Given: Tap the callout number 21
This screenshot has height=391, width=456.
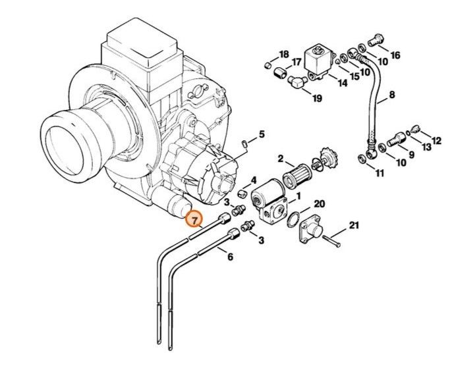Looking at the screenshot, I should coord(354,226).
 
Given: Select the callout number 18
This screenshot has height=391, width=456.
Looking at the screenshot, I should coord(284,54).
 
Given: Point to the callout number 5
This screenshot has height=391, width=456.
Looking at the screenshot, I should coord(262,134).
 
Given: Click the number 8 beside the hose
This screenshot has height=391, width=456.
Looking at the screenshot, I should coord(392,95).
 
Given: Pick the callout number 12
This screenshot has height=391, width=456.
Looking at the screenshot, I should coord(436,142).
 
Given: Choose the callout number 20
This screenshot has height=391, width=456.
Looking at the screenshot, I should coord(319,204).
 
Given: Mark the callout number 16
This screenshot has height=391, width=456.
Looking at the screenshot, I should coord(395,55).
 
